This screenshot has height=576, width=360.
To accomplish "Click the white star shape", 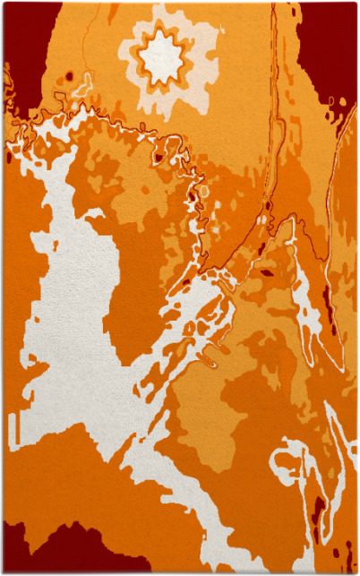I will pyautogui.click(x=161, y=58).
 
